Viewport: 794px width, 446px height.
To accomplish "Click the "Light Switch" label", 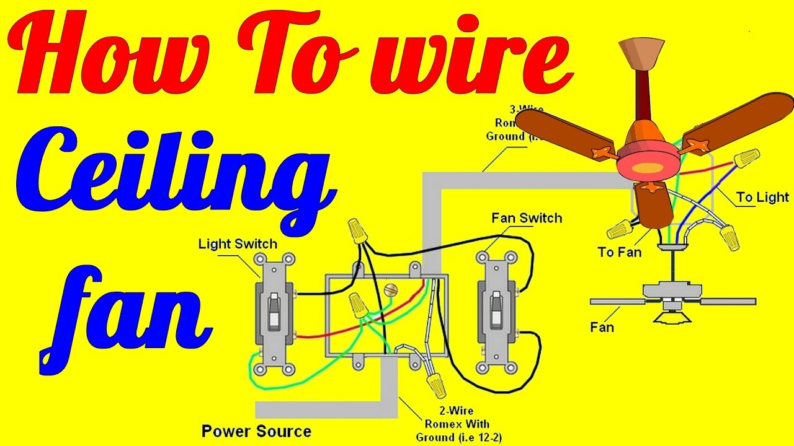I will tap(238, 243).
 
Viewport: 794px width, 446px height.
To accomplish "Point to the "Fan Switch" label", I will tap(526, 218).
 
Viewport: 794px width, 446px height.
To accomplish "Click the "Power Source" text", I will tap(256, 431).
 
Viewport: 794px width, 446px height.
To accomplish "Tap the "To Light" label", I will tap(762, 198).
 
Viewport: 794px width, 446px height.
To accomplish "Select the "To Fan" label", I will tap(619, 252).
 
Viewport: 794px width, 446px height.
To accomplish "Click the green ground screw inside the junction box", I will tap(390, 289).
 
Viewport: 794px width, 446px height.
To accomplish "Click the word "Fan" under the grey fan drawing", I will tap(602, 326).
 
